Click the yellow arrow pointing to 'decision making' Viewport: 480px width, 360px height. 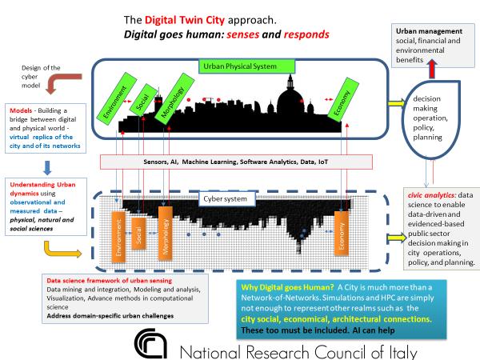(394, 104)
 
